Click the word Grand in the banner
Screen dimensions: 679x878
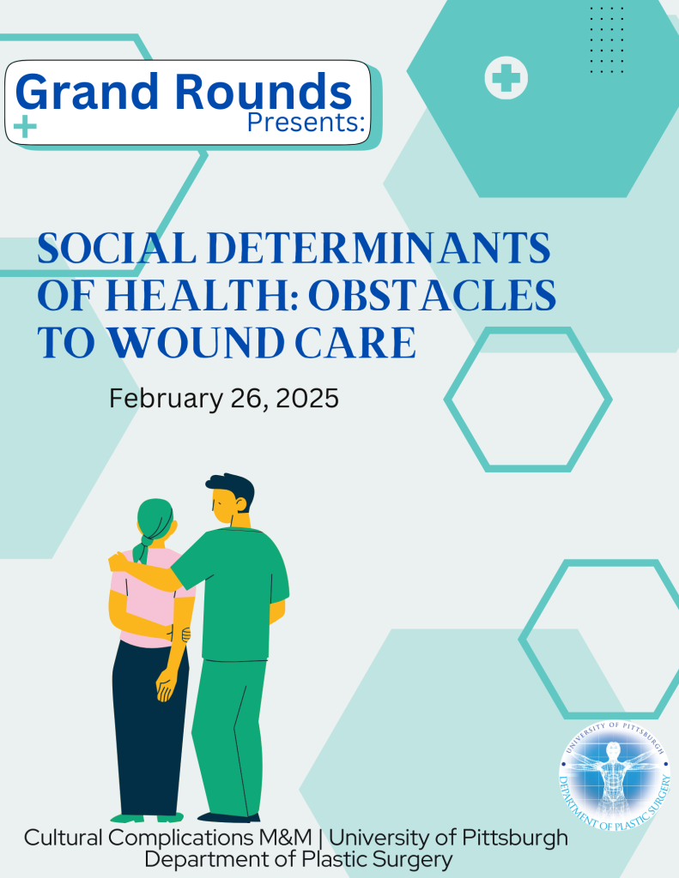pyautogui.click(x=87, y=91)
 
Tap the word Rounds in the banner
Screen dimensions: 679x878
pyautogui.click(x=264, y=91)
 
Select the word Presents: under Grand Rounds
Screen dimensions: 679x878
pyautogui.click(x=306, y=122)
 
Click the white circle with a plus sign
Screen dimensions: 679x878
pyautogui.click(x=506, y=77)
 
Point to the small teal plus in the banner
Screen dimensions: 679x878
pyautogui.click(x=25, y=127)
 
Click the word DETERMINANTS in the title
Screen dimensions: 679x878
pyautogui.click(x=379, y=248)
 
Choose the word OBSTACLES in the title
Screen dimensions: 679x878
pyautogui.click(x=432, y=296)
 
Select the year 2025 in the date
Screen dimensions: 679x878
pyautogui.click(x=307, y=399)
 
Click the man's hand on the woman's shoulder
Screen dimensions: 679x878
pyautogui.click(x=118, y=561)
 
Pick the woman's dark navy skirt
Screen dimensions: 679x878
pyautogui.click(x=149, y=728)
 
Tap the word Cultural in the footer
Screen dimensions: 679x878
pyautogui.click(x=64, y=838)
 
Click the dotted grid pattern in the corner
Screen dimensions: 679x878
pyautogui.click(x=607, y=39)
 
